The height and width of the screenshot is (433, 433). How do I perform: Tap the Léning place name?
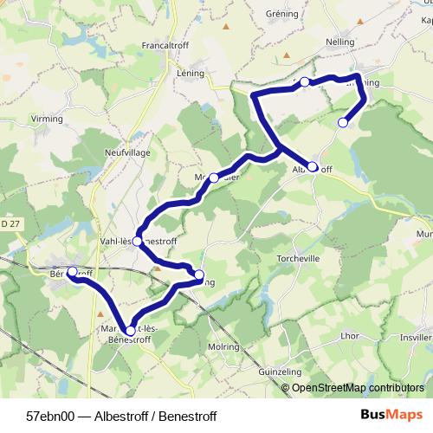point(190,74)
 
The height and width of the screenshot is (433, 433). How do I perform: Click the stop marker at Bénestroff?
point(72,271)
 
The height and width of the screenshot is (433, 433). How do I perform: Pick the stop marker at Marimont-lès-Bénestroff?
point(131,330)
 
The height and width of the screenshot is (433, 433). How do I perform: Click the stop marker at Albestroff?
point(313,166)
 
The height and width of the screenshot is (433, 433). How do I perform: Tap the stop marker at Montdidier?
point(214,177)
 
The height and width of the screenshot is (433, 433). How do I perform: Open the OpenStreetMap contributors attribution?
point(358,387)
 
